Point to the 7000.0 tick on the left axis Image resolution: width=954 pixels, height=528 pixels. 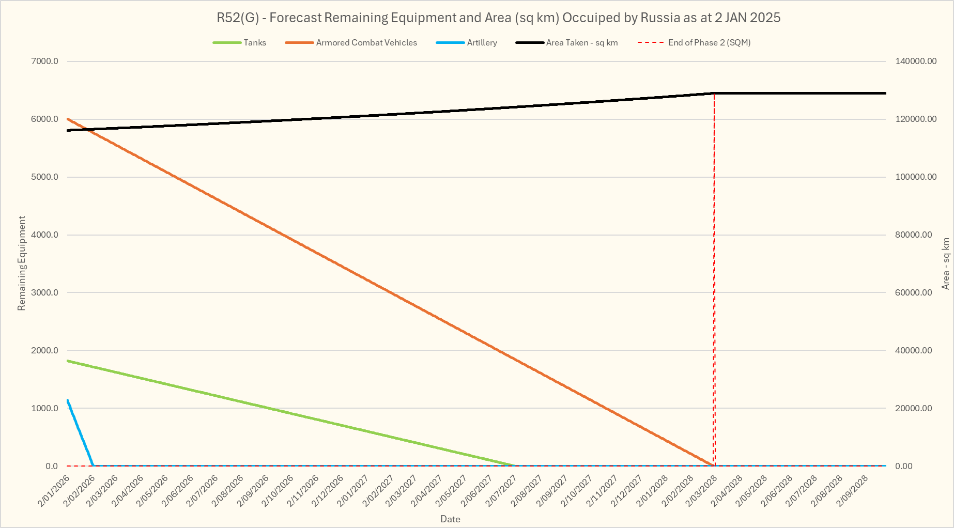click(45, 61)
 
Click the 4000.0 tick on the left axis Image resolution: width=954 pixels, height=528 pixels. click(45, 235)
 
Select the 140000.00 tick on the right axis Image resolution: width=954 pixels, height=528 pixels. click(916, 61)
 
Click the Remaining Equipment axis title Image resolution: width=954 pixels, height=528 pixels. click(22, 263)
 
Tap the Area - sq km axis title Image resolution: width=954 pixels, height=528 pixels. click(946, 263)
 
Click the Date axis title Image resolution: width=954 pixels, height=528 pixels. click(450, 519)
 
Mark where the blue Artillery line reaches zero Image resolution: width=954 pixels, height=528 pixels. click(93, 465)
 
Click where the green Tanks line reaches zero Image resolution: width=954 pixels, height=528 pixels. click(515, 465)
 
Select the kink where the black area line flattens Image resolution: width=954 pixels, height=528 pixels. click(714, 94)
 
